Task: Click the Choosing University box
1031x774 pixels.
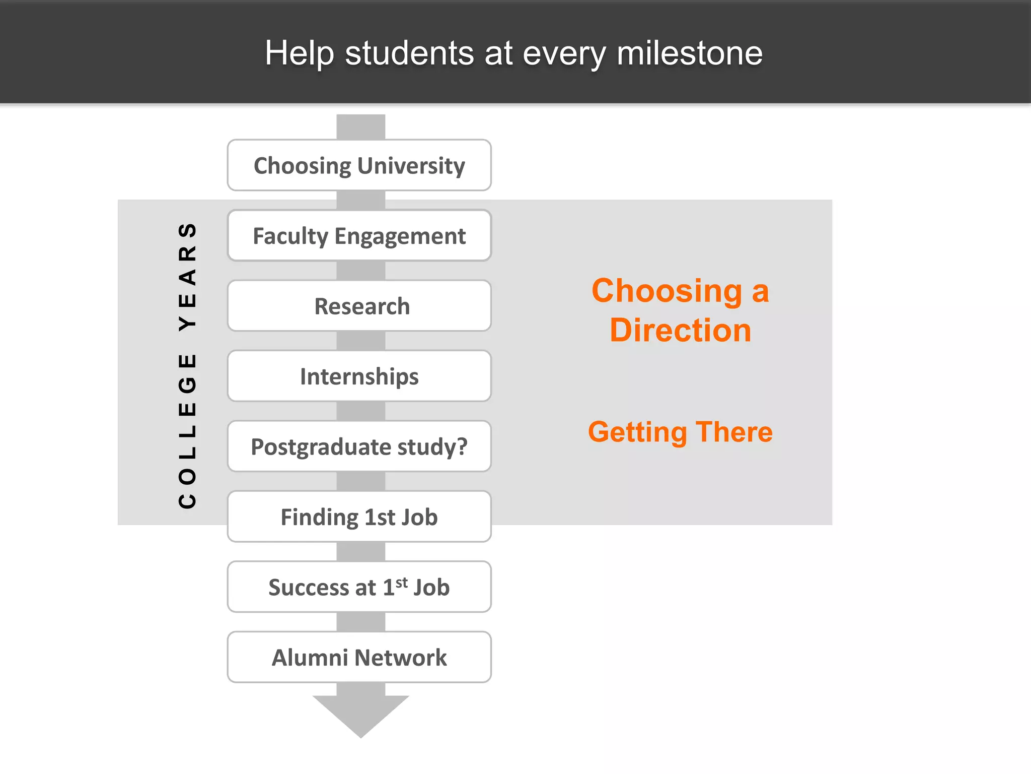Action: click(359, 165)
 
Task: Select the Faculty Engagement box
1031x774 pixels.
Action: click(359, 236)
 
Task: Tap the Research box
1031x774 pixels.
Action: click(359, 306)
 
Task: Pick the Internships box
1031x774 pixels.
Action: click(359, 376)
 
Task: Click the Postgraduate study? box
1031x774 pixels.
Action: click(359, 446)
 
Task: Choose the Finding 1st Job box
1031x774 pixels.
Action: click(359, 517)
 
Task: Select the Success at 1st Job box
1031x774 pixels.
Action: click(359, 587)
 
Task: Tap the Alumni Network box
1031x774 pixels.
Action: click(359, 657)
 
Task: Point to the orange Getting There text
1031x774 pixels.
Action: click(680, 432)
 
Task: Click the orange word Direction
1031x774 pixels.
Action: click(680, 331)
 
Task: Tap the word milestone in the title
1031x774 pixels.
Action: click(689, 53)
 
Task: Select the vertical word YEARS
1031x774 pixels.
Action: click(187, 276)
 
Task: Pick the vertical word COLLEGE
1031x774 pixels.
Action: click(187, 431)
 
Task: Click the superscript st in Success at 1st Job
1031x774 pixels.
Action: click(401, 583)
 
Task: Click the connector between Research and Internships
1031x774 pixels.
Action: click(360, 341)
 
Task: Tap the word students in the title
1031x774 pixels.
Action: click(409, 53)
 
